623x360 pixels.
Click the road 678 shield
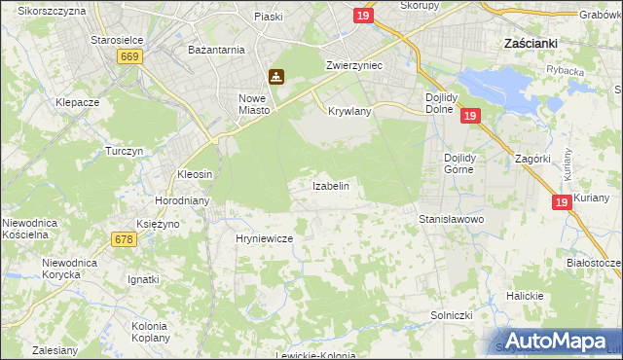click(x=124, y=239)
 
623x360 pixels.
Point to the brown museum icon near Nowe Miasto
click(x=276, y=77)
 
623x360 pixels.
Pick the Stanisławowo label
click(x=451, y=220)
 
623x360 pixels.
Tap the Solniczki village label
click(x=451, y=316)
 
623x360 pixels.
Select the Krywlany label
click(x=349, y=112)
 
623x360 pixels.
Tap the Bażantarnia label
click(x=216, y=48)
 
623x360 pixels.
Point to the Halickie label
click(x=524, y=295)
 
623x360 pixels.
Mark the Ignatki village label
click(x=143, y=279)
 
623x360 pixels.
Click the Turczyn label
click(x=125, y=152)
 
